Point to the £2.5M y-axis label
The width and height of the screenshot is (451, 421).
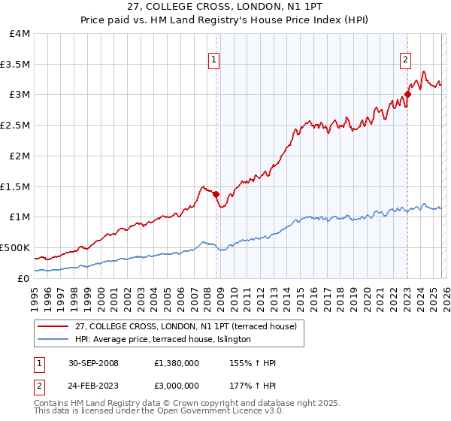(x=15, y=126)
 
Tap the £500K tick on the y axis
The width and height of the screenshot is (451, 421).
(x=15, y=247)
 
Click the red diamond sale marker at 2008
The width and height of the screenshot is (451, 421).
(x=216, y=194)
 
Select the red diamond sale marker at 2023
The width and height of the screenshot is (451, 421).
(x=407, y=95)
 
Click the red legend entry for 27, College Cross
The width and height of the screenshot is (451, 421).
(x=187, y=326)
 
